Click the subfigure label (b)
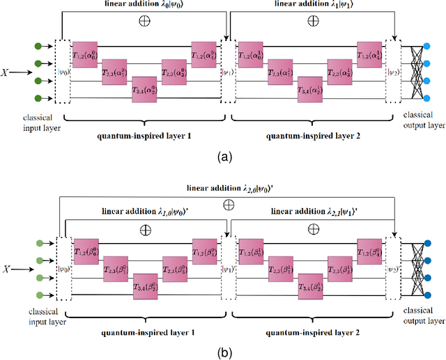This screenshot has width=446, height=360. (x=223, y=352)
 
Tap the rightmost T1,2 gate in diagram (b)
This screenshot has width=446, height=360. (x=371, y=249)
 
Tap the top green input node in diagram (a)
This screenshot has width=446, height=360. (x=37, y=47)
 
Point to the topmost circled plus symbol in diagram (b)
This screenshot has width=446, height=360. (x=227, y=205)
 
